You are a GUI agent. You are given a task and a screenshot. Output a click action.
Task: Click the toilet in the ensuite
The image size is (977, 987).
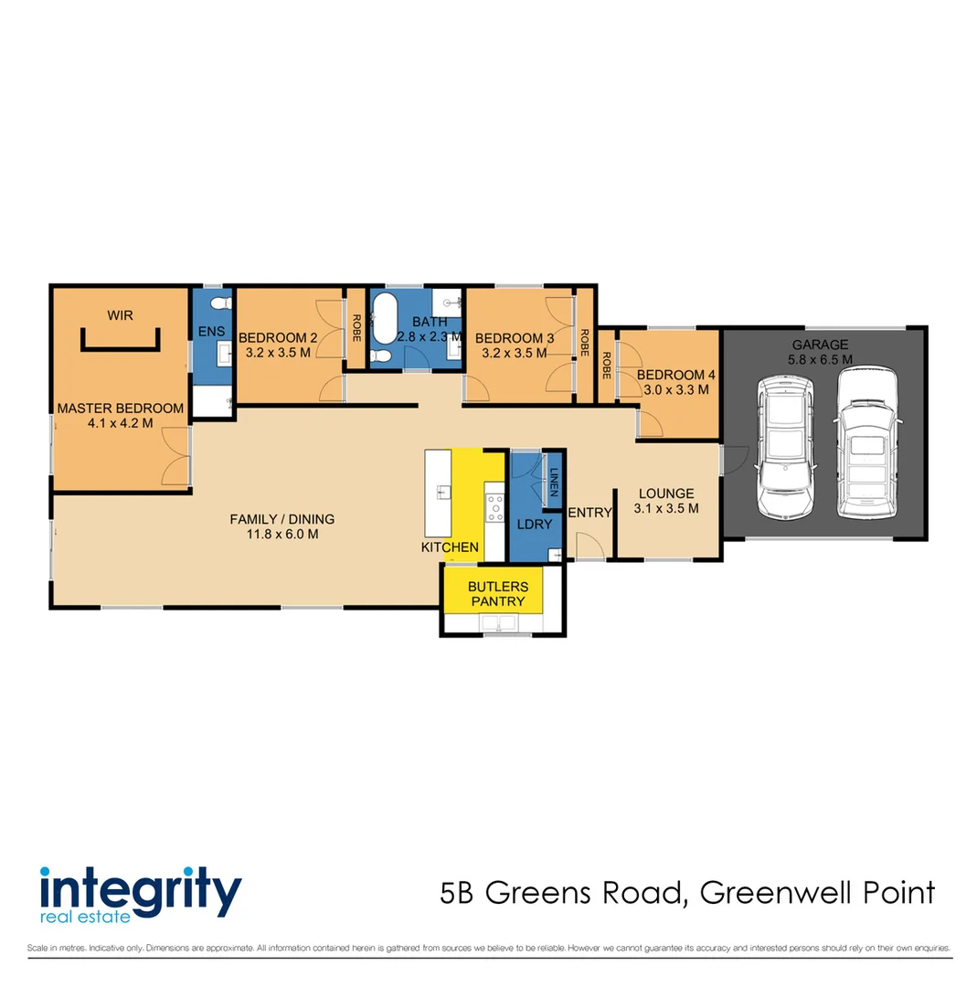(x=219, y=301)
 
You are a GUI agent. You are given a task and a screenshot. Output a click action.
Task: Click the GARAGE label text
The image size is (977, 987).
(x=820, y=345)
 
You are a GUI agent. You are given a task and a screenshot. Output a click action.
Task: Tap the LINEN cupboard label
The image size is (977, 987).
(x=554, y=481)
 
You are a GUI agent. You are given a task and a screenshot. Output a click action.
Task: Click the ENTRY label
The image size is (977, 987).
(x=589, y=513)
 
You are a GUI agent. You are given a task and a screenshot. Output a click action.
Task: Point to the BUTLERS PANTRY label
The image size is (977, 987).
(x=497, y=593)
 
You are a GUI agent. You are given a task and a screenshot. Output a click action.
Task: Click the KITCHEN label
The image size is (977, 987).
(x=450, y=547)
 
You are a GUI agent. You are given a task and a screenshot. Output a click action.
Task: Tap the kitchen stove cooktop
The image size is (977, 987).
(x=495, y=507)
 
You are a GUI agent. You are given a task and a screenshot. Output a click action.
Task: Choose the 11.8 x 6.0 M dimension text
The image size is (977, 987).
(x=281, y=535)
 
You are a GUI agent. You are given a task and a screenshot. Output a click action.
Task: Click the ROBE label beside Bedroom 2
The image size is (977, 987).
(x=356, y=328)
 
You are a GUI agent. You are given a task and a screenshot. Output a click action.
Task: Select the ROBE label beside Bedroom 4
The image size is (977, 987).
(x=605, y=365)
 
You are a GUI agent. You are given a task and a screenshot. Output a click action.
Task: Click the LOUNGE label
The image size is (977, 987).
(x=665, y=493)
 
